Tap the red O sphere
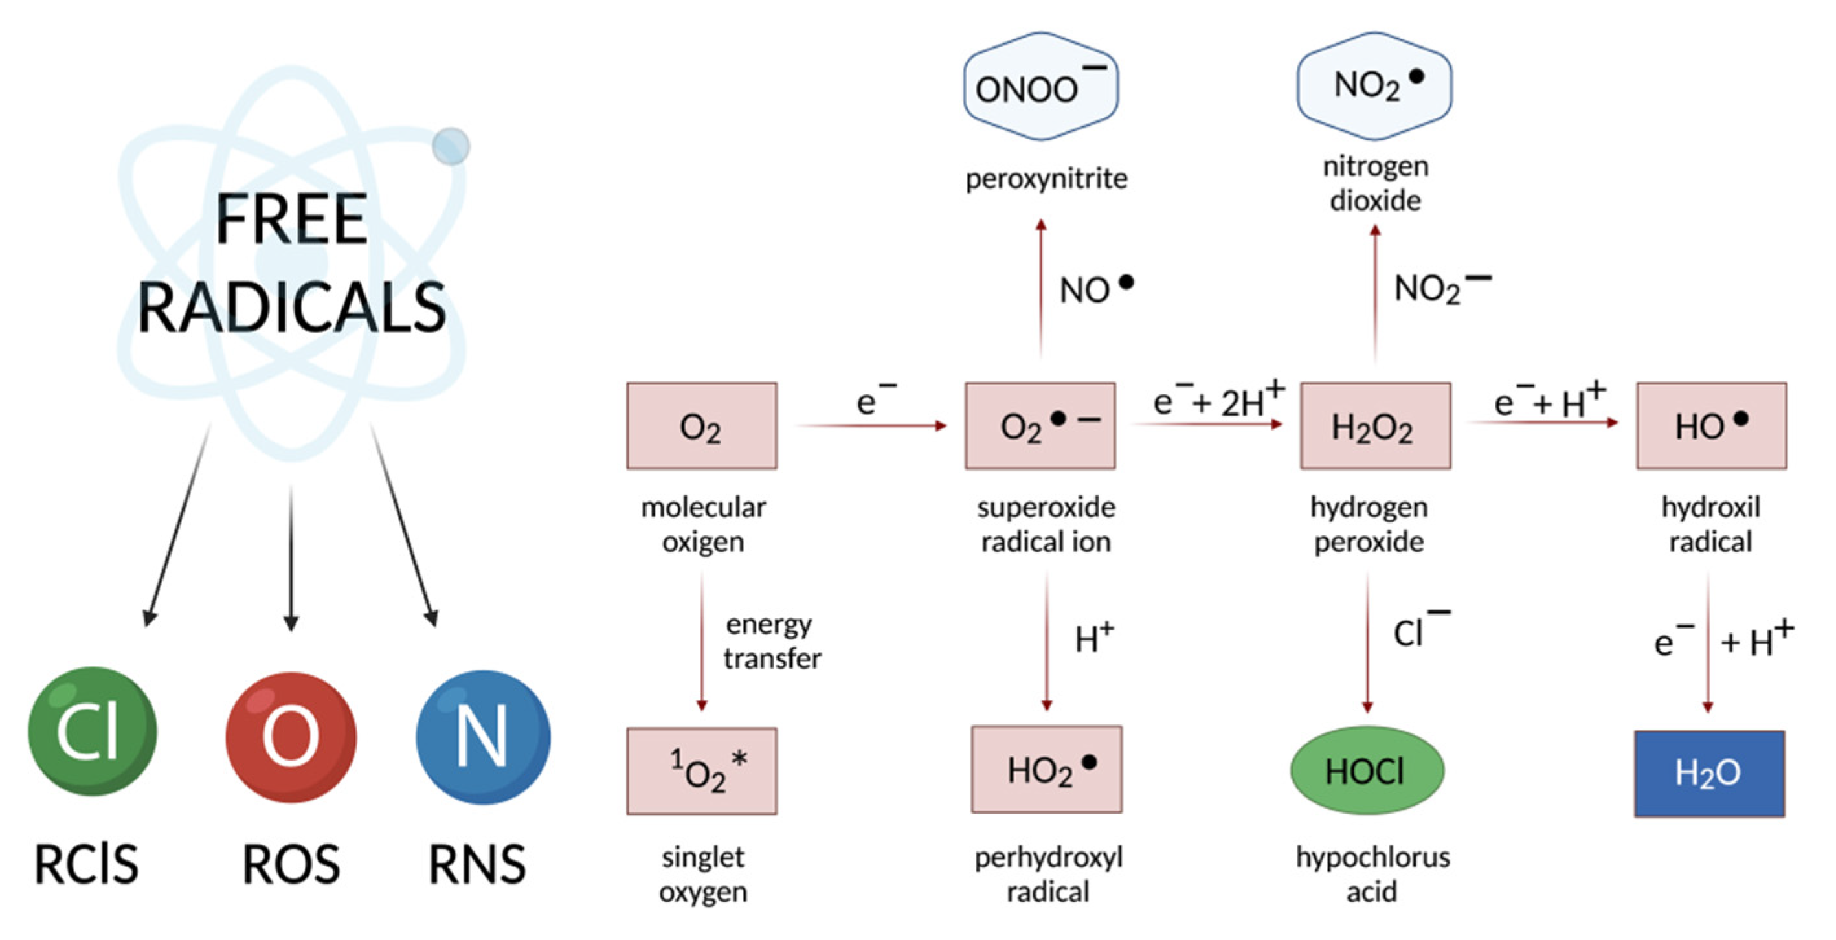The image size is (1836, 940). coord(291,736)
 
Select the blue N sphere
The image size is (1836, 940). coord(482,736)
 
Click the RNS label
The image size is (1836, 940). coord(477,864)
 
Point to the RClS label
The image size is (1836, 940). coord(86,864)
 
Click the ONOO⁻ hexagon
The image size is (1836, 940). coord(1040,86)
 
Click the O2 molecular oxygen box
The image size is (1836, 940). coord(701,425)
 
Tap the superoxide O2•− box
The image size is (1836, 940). coord(1040,425)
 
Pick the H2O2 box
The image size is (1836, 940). coord(1375,425)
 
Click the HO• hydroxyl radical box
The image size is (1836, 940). coord(1710,425)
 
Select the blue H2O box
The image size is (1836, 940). coord(1709,773)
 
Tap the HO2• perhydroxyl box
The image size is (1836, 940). coord(1046,770)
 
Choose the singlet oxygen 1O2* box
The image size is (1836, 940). coord(701,770)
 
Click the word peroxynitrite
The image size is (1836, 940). coord(1046,178)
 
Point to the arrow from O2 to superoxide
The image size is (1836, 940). coord(871,425)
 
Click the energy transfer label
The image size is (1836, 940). coord(772,642)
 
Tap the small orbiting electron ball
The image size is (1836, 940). coord(451,146)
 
